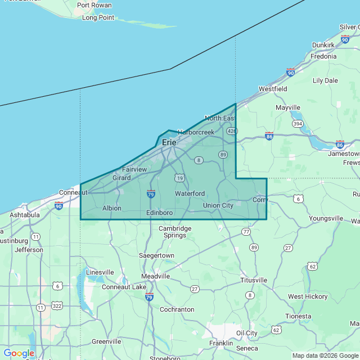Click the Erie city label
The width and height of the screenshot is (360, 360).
click(x=169, y=142)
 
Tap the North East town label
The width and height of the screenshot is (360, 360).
click(x=219, y=118)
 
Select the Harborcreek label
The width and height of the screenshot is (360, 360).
click(x=196, y=132)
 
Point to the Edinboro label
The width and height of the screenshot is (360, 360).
click(x=159, y=213)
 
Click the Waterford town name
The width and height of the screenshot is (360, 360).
click(x=190, y=193)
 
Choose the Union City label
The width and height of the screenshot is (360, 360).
click(x=218, y=205)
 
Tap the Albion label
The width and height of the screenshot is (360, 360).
click(x=111, y=208)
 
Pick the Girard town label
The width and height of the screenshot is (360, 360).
click(x=121, y=178)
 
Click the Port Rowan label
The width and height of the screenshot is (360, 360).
click(x=94, y=5)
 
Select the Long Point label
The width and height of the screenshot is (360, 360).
click(x=98, y=17)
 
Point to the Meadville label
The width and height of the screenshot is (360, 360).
click(x=155, y=276)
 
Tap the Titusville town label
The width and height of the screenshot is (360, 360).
click(x=254, y=280)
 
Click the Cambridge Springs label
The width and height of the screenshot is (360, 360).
click(x=175, y=232)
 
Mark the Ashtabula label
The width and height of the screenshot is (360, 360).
click(x=25, y=215)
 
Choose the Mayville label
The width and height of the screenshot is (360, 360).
click(x=288, y=107)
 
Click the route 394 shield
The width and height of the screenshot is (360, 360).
click(x=297, y=123)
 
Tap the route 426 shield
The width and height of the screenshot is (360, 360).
click(x=231, y=131)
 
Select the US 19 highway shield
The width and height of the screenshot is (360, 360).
click(x=179, y=178)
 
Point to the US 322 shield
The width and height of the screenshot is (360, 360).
click(x=57, y=305)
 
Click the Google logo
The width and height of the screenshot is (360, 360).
click(x=19, y=353)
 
